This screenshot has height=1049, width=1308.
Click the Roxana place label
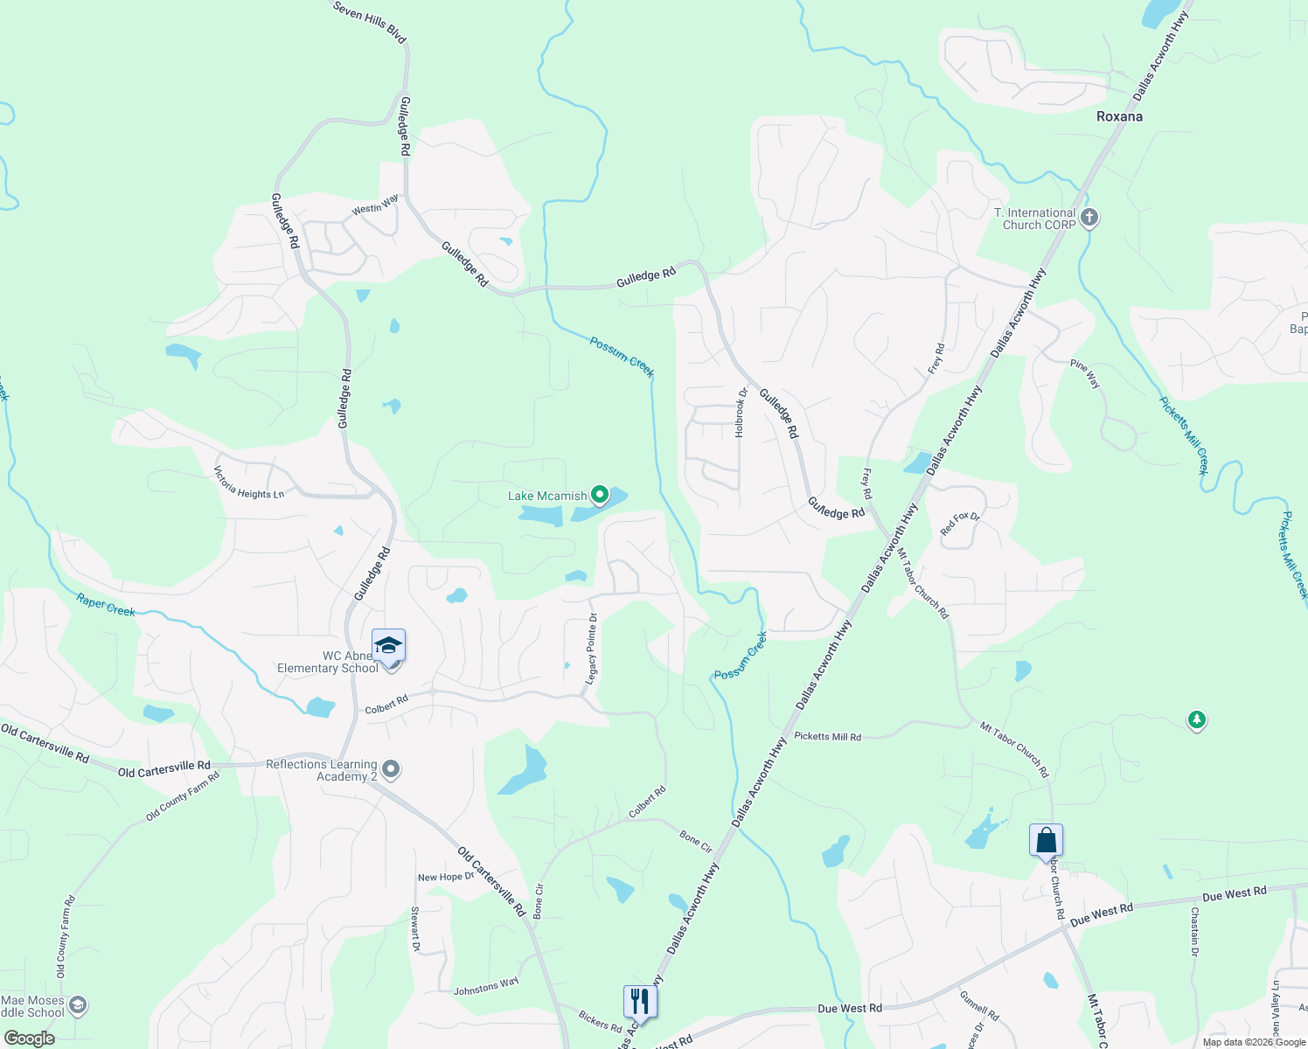pyautogui.click(x=1119, y=116)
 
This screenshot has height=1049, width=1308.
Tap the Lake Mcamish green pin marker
pyautogui.click(x=600, y=496)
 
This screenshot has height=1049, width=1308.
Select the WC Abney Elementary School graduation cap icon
pyautogui.click(x=388, y=646)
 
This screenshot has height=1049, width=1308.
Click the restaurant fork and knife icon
pyautogui.click(x=640, y=1001)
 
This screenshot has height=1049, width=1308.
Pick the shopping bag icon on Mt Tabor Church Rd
pyautogui.click(x=1046, y=841)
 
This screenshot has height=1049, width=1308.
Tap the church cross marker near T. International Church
pyautogui.click(x=1089, y=218)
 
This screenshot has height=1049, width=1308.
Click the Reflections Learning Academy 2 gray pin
pyautogui.click(x=392, y=769)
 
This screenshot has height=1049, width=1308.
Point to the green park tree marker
pyautogui.click(x=1196, y=720)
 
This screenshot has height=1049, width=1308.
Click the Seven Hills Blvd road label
pyautogui.click(x=370, y=21)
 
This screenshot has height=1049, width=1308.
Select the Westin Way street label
pyautogui.click(x=375, y=205)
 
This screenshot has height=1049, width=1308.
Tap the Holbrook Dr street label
pyautogui.click(x=741, y=413)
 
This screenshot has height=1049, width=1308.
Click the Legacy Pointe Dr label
pyautogui.click(x=592, y=648)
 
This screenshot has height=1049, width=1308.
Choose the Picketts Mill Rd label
pyautogui.click(x=827, y=737)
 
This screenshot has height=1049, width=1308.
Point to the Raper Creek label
pyautogui.click(x=106, y=604)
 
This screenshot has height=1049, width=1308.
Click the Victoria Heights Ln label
pyautogui.click(x=249, y=483)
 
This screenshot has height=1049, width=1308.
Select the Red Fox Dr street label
pyautogui.click(x=960, y=524)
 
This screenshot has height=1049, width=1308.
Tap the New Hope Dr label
pyautogui.click(x=446, y=877)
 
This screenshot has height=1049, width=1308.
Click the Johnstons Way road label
pyautogui.click(x=486, y=986)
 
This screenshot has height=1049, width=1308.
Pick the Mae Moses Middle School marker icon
pyautogui.click(x=78, y=1005)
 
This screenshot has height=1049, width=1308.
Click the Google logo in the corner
pyautogui.click(x=30, y=1039)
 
